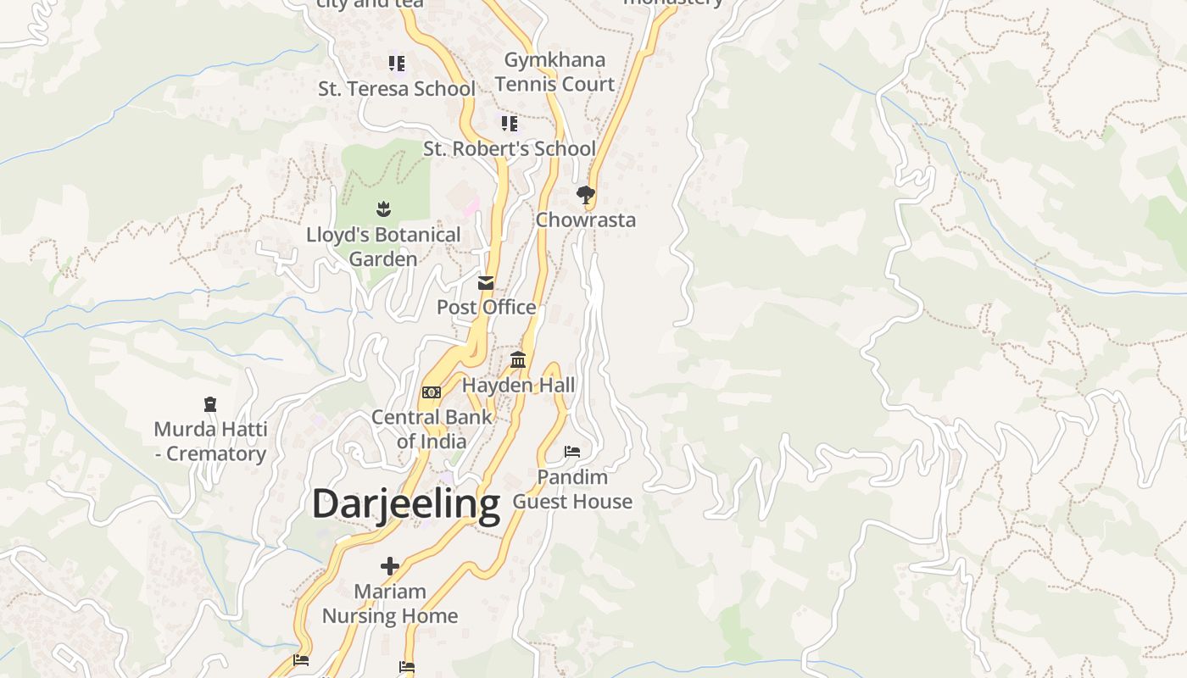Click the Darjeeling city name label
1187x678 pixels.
click(x=406, y=504)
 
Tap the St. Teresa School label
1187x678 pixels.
click(x=396, y=89)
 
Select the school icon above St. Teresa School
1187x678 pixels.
click(x=396, y=64)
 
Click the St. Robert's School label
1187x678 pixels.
click(x=510, y=149)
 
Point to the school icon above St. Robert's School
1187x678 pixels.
click(x=509, y=124)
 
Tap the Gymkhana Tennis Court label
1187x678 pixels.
click(x=554, y=72)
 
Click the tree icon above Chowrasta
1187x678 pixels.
click(x=585, y=196)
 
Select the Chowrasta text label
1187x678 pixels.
click(x=585, y=220)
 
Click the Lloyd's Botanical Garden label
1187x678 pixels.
click(x=383, y=247)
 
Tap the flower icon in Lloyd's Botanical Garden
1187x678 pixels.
click(x=383, y=208)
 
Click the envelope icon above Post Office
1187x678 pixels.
click(x=486, y=283)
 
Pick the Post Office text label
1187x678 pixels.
click(x=486, y=308)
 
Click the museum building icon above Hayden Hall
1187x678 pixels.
click(x=518, y=360)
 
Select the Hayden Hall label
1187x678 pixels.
click(x=518, y=386)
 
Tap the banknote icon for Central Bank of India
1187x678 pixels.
click(x=432, y=392)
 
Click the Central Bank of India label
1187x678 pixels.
click(x=432, y=429)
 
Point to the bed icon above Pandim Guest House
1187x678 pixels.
click(x=572, y=452)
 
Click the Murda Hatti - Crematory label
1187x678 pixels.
click(x=210, y=442)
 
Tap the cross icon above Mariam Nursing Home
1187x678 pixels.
click(x=390, y=565)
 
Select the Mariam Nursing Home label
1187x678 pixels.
click(x=390, y=603)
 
